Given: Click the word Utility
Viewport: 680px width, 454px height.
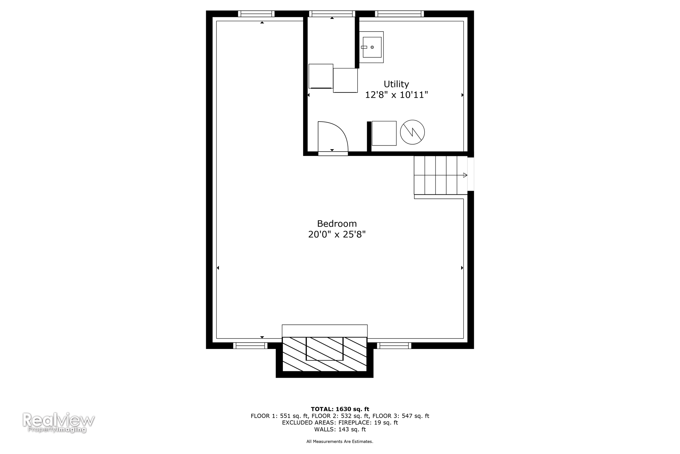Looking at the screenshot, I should tap(396, 84).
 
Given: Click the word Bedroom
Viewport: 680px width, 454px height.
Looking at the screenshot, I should tap(337, 224).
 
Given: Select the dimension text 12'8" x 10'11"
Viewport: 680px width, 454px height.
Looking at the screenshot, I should tap(396, 95).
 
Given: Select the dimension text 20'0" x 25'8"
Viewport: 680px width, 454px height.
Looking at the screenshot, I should tap(337, 235).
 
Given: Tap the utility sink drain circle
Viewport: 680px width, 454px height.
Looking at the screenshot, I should tap(372, 47).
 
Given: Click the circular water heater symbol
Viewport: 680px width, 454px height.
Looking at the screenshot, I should tap(412, 132).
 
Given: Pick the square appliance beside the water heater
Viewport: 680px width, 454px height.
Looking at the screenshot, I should tap(384, 133).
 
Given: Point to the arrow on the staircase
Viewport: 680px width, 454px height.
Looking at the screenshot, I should tap(465, 175).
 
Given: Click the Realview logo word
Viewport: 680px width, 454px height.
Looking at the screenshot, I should tap(58, 420).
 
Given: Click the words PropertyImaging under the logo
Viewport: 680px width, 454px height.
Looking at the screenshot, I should tap(57, 429).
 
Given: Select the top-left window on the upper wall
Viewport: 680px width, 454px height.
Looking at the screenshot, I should tap(256, 14).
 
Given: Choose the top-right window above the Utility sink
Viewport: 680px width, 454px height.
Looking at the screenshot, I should tap(399, 14).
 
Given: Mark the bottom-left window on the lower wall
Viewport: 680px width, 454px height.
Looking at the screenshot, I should tap(250, 346).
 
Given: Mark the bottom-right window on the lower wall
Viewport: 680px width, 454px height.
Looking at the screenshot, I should tap(394, 346).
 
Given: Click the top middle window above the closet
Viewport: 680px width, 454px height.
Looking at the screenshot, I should tap(332, 14).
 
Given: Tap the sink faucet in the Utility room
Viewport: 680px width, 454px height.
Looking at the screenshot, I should tap(364, 47).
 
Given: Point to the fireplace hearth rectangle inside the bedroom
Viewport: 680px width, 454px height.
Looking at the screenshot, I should tap(324, 331).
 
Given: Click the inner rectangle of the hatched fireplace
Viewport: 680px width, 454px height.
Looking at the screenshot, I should tap(324, 349).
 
